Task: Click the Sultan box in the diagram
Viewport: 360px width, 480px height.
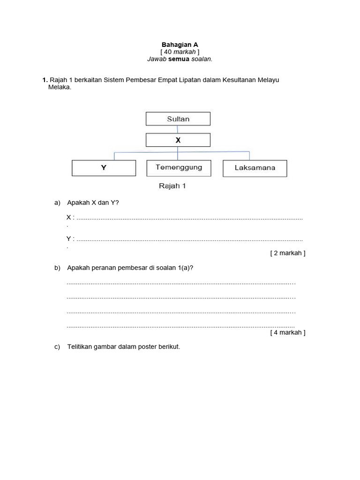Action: pos(178,119)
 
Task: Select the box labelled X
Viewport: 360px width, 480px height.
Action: pos(178,140)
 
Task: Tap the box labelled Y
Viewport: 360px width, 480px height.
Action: pos(104,168)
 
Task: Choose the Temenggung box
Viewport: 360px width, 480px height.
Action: pos(179,168)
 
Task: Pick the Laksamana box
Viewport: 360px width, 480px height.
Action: pos(255,168)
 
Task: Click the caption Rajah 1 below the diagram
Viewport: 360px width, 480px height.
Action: pos(172,186)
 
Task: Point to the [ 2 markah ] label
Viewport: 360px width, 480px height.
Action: pos(288,253)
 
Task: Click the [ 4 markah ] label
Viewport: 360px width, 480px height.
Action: pos(288,333)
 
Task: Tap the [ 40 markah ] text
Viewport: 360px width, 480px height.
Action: pos(180,52)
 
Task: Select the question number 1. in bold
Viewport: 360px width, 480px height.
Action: pos(45,80)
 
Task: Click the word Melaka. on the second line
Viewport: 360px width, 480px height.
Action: pos(60,87)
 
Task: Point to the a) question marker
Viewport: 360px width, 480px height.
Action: pos(58,203)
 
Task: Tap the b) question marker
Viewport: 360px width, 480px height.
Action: pos(58,268)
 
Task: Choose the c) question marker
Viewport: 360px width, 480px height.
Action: pos(58,347)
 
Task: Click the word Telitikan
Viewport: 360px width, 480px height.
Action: pos(82,347)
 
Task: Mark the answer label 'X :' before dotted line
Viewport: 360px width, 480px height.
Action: pos(70,217)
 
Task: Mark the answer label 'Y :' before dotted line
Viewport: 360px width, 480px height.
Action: pos(70,239)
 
